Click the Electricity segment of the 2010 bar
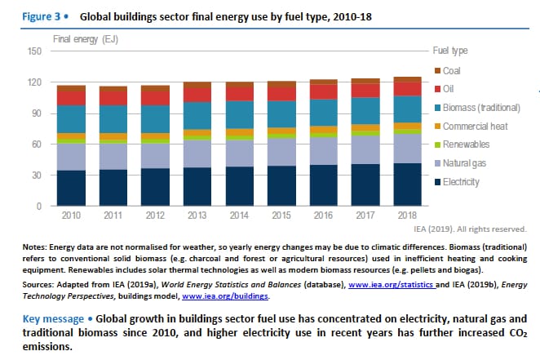pos(72,188)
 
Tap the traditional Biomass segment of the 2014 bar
pos(239,114)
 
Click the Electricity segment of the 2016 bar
pos(323,185)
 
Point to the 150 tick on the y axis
pos(34,51)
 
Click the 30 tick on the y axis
pos(37,176)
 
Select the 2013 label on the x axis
pos(197,217)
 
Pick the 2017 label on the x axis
pos(365,217)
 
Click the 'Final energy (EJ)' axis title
pos(83,38)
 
